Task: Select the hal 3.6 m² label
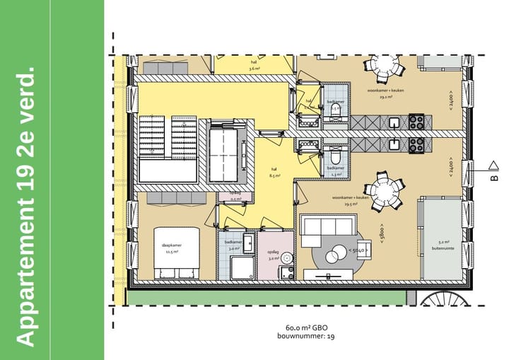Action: tap(255, 65)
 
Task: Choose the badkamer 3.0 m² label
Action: tap(233, 245)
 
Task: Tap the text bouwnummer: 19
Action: tap(306, 337)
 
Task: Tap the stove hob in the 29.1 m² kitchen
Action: tap(417, 121)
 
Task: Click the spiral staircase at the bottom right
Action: tap(443, 300)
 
